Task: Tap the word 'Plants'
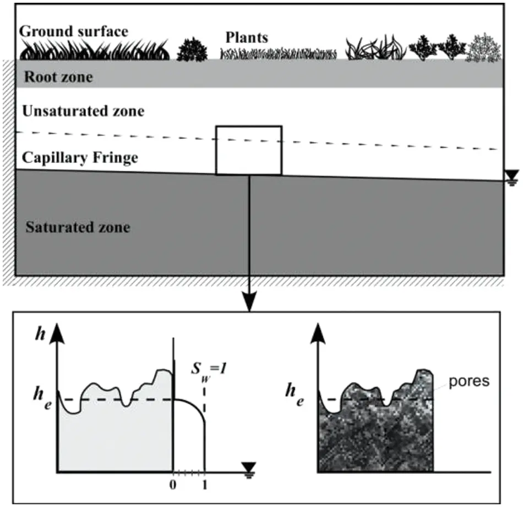[x=247, y=37]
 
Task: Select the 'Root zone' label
[x=58, y=77]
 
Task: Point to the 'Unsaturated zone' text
[x=83, y=111]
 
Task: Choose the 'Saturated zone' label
[x=78, y=226]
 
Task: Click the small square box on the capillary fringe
[x=249, y=150]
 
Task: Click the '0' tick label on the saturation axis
[x=173, y=486]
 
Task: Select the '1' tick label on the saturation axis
[x=204, y=486]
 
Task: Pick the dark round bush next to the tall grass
[x=192, y=50]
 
